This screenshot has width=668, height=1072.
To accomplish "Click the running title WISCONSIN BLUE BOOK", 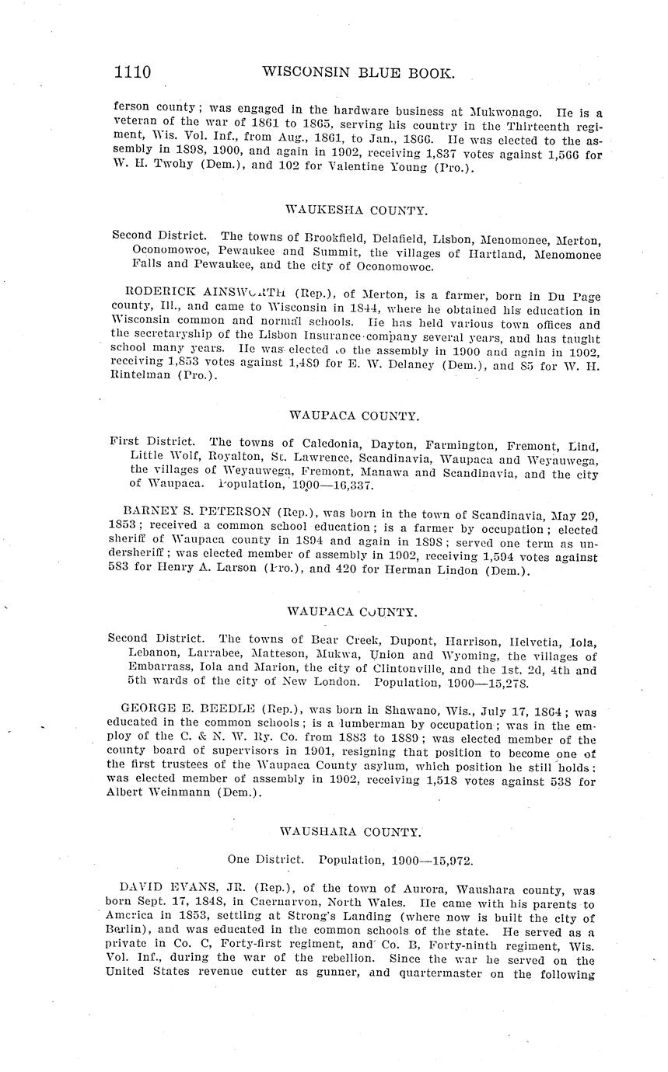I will (x=358, y=73).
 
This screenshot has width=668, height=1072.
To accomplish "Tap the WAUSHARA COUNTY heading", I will (x=351, y=832).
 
